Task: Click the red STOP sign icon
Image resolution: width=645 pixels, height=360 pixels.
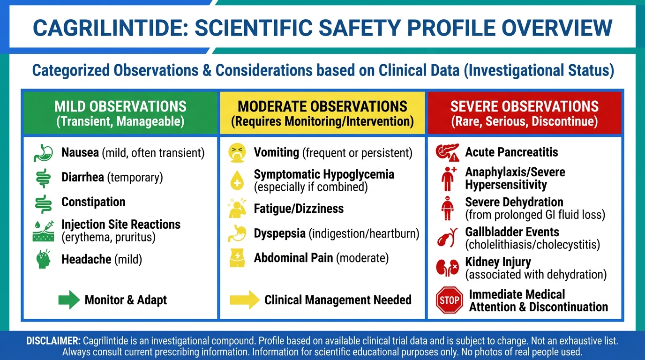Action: point(449,300)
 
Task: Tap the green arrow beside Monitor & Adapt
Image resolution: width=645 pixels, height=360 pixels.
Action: point(69,300)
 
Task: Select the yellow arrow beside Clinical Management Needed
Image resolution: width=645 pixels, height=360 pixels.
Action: point(245,300)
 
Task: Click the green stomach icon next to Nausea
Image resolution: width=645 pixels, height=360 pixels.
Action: point(43,153)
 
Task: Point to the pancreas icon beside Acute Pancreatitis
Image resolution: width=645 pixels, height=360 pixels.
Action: point(447,152)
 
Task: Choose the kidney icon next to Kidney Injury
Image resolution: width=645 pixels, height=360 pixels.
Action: point(447,268)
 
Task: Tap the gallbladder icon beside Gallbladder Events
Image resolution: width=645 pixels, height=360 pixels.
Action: point(447,238)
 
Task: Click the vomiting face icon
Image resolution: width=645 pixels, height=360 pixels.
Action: point(237,153)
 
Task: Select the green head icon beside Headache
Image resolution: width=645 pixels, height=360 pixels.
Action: point(44,259)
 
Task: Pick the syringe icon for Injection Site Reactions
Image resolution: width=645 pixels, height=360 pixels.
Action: point(43,231)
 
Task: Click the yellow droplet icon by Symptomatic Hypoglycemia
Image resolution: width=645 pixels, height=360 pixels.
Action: point(237,180)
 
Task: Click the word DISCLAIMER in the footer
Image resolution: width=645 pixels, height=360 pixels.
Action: point(53,341)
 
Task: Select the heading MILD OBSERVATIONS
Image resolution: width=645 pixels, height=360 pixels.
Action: point(120,106)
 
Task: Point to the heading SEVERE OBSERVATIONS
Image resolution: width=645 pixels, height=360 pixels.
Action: point(525,106)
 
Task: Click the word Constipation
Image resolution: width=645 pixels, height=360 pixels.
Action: point(93,202)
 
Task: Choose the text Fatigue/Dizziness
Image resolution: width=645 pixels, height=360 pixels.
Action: point(299,209)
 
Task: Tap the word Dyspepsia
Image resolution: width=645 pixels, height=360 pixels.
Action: point(279,233)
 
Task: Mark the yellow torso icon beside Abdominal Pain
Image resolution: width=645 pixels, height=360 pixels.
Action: point(237,258)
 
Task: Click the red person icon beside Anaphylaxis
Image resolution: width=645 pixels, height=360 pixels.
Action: point(448,179)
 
